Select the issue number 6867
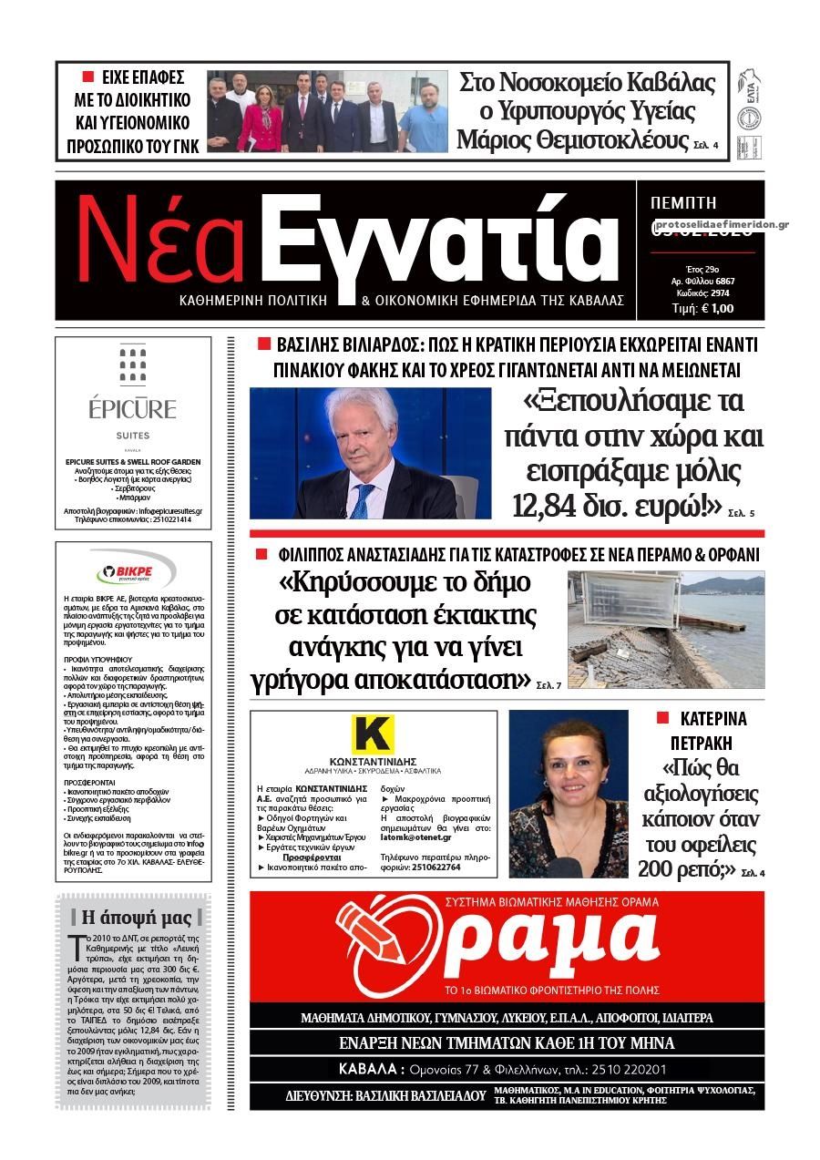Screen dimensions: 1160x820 tap(724, 281)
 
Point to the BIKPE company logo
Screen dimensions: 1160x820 tap(133, 572)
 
